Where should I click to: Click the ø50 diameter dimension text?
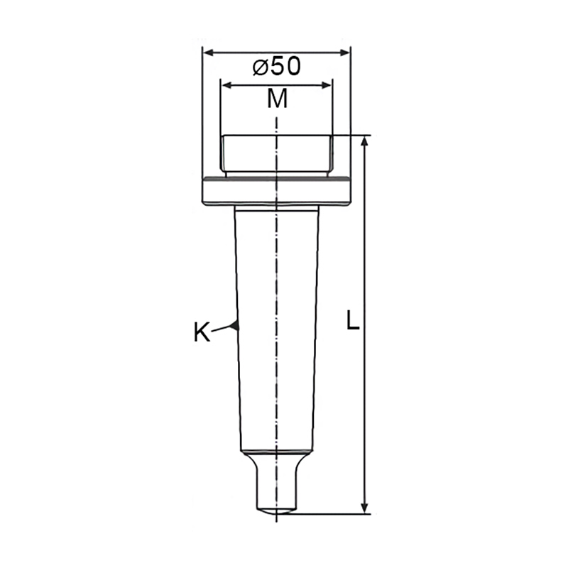(x=277, y=67)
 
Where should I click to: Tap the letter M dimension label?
(x=277, y=99)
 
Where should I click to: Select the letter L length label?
(x=352, y=320)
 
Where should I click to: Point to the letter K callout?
(x=202, y=332)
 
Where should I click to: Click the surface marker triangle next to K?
(x=235, y=325)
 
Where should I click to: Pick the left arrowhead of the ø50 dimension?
(x=208, y=53)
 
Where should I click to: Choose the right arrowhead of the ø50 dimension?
(x=344, y=53)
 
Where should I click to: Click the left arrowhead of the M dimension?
(x=226, y=85)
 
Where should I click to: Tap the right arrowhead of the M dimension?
(x=326, y=85)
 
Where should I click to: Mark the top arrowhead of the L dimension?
(x=365, y=142)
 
